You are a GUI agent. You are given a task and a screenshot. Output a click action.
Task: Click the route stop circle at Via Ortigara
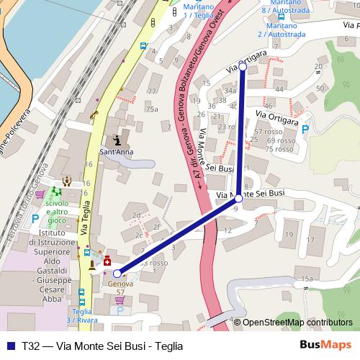click(243, 66)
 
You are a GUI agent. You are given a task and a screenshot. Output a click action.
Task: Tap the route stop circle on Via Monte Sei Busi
click(239, 198)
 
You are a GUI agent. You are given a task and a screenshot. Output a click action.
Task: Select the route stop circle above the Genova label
click(117, 273)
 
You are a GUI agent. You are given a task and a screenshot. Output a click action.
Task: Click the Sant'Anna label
click(116, 153)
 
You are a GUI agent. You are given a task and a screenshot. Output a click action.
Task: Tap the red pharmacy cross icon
click(107, 259)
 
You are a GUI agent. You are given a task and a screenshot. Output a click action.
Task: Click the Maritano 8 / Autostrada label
click(279, 8)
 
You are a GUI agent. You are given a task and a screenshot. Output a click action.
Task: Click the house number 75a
click(151, 109)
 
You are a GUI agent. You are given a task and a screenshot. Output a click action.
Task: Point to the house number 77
click(151, 91)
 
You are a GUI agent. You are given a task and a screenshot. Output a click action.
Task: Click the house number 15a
click(307, 279)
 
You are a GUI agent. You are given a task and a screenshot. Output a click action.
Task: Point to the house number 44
click(279, 89)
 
